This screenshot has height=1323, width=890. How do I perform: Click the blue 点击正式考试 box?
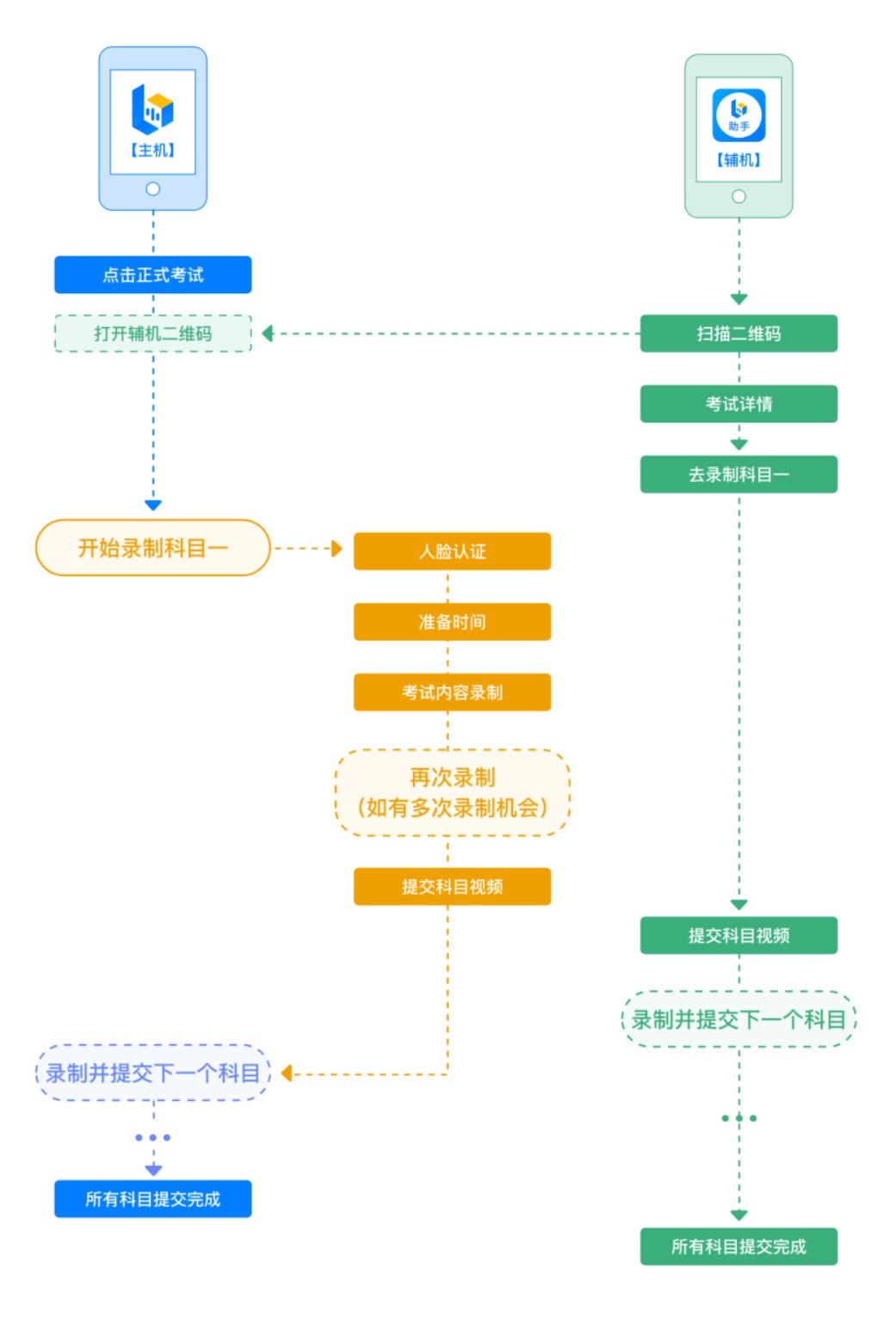tap(152, 274)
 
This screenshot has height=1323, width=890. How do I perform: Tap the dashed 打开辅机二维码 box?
tap(152, 334)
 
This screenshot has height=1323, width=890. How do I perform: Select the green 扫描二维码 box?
tap(739, 334)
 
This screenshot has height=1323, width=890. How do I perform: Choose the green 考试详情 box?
tap(739, 404)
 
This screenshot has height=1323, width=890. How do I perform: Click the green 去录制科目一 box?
tap(739, 474)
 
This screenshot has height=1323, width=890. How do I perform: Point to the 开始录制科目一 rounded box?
tap(152, 548)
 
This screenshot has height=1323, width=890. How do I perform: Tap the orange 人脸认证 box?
tap(452, 551)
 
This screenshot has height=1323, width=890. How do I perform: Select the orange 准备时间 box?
tap(452, 622)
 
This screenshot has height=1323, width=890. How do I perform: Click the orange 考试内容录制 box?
tap(452, 692)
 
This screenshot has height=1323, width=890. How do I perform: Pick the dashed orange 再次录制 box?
tap(452, 792)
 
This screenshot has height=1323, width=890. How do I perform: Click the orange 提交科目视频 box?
tap(452, 887)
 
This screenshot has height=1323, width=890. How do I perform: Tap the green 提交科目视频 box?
tap(739, 936)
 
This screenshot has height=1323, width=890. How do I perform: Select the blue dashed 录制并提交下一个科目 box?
tap(152, 1073)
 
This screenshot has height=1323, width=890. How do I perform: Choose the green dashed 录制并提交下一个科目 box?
tap(739, 1019)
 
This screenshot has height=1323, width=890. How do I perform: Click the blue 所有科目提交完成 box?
tap(152, 1199)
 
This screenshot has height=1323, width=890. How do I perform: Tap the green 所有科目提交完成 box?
tap(739, 1246)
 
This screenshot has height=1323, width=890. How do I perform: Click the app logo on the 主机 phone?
tap(151, 109)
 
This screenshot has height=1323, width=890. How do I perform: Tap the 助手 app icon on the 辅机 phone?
tap(739, 115)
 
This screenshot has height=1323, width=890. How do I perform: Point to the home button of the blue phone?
tap(152, 189)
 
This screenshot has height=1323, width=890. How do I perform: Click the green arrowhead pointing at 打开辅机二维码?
tap(268, 334)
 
